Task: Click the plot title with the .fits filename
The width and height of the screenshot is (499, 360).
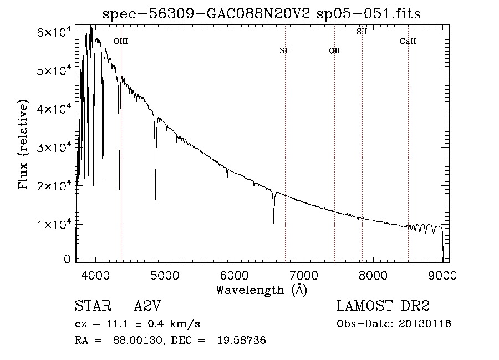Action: click(x=261, y=14)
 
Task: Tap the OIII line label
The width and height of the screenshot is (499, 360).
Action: click(x=121, y=41)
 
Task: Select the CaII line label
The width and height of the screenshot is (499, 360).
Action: click(x=408, y=41)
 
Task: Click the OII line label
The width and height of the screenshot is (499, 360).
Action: click(x=334, y=50)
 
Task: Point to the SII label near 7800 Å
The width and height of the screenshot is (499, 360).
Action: click(x=362, y=32)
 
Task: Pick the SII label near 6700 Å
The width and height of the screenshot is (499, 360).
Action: click(x=285, y=50)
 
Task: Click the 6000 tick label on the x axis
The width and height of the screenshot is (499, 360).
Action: click(x=235, y=275)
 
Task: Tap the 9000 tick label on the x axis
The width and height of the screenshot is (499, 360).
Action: click(x=442, y=275)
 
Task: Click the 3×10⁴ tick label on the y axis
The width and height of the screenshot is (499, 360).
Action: click(x=54, y=147)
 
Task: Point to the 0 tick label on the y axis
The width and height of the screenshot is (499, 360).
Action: click(x=67, y=259)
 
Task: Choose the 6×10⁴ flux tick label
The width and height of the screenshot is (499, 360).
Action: click(x=54, y=32)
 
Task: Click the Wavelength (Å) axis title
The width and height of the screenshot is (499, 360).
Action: click(x=262, y=290)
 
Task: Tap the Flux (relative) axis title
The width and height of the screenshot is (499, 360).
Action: click(x=23, y=144)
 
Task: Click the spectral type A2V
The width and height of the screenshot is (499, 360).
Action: click(x=147, y=306)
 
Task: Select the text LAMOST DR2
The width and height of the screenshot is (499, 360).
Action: click(x=383, y=306)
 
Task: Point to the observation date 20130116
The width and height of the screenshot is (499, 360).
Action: click(x=425, y=324)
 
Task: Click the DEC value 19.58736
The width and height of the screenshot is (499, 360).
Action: click(x=242, y=340)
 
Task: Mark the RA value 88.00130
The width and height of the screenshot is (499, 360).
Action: click(x=137, y=340)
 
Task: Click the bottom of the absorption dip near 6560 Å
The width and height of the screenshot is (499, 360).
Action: click(x=274, y=222)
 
